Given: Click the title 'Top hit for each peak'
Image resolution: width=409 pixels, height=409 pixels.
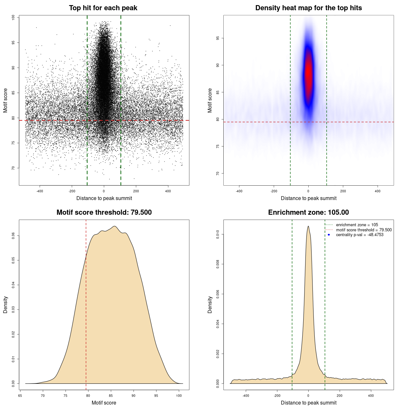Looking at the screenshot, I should click(x=103, y=8).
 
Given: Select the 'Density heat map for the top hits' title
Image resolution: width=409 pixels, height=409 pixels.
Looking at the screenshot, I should click(x=308, y=8).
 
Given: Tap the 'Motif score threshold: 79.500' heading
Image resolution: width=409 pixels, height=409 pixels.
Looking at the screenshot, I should click(x=104, y=212).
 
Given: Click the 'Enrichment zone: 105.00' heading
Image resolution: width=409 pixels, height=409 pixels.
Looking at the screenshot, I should click(x=308, y=212).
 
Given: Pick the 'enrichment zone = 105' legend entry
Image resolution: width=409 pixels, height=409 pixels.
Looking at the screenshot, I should click(x=357, y=225).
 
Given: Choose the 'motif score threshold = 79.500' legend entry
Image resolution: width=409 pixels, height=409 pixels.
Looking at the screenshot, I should click(x=364, y=230).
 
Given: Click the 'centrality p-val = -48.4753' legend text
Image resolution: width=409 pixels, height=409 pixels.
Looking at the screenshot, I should click(x=359, y=235).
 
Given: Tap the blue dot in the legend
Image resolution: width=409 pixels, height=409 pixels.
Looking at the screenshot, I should click(x=329, y=235).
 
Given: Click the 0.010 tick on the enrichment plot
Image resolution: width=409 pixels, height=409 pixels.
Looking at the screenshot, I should click(x=218, y=235).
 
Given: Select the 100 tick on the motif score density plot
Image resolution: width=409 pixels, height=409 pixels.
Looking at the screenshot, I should click(x=179, y=396).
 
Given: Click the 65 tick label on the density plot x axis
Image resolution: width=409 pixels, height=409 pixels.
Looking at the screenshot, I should click(x=20, y=396).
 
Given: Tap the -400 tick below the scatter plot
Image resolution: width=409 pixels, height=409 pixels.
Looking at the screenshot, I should click(x=40, y=191).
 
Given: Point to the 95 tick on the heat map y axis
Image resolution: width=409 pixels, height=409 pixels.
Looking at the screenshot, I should click(x=218, y=38).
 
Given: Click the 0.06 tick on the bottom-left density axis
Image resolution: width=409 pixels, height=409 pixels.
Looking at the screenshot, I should click(x=13, y=236).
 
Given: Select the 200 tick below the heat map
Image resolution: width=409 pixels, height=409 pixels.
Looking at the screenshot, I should click(x=343, y=191).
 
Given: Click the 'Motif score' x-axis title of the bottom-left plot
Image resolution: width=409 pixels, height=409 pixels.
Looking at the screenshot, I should click(x=104, y=403).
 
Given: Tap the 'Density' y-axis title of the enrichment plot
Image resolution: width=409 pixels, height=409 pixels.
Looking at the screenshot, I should click(x=210, y=305).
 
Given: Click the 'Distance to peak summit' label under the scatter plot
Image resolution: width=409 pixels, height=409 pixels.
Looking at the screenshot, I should click(x=104, y=198).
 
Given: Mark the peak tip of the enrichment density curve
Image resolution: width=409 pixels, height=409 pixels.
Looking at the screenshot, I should click(x=308, y=226).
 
